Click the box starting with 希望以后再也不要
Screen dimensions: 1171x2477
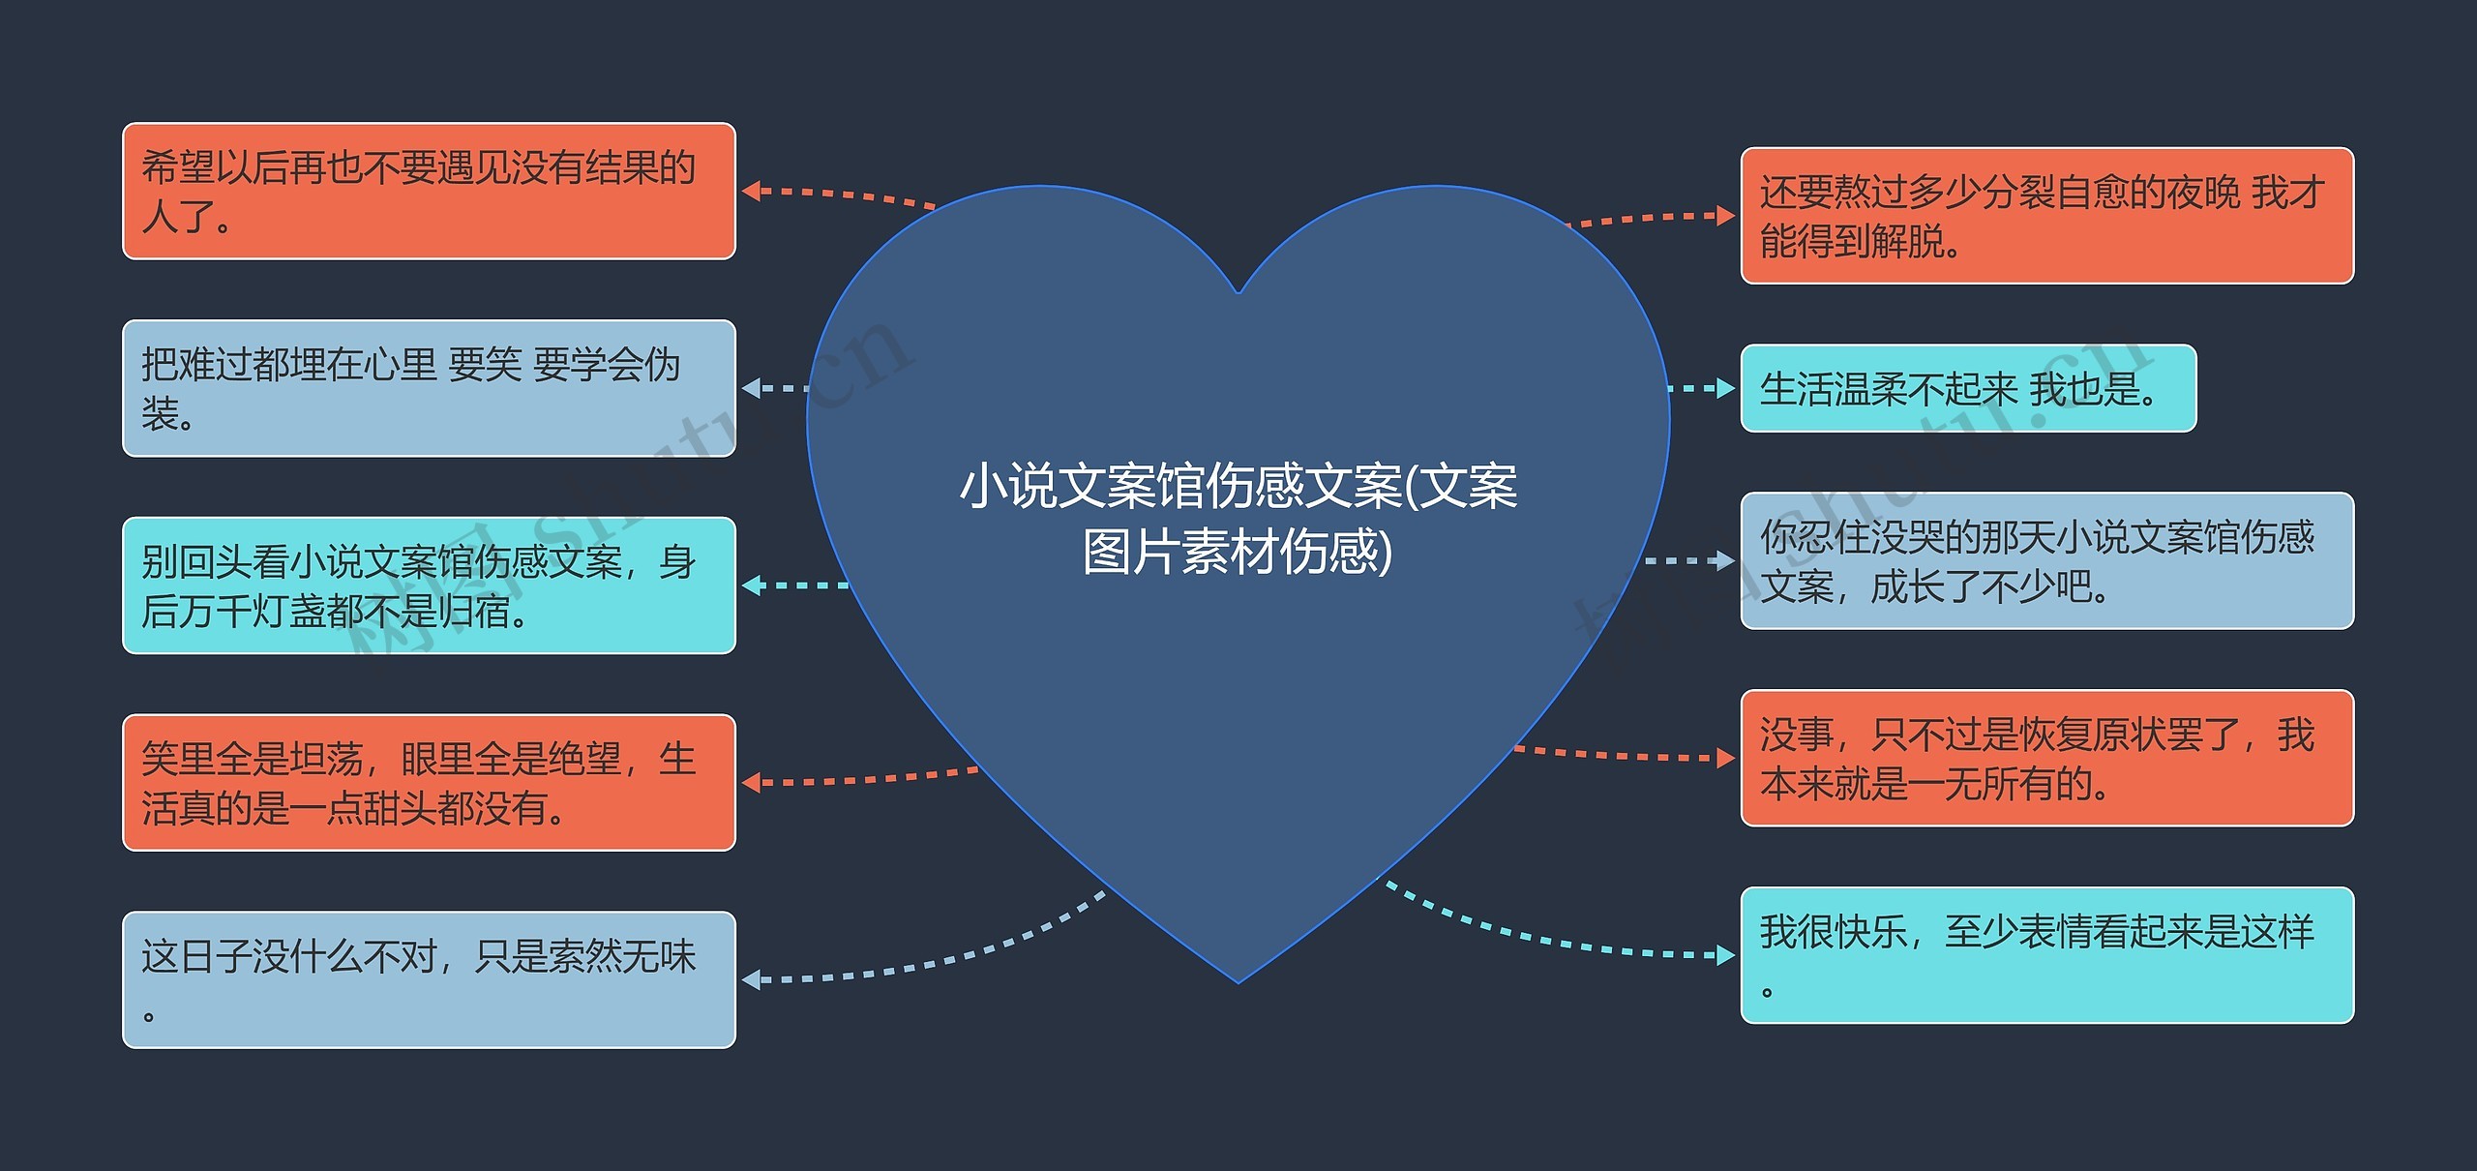click(429, 191)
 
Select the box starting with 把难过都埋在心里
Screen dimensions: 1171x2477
click(429, 388)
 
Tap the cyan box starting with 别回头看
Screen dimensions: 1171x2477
click(429, 585)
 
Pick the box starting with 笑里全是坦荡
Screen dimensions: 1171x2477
click(429, 783)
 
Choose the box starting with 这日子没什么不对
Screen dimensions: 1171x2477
click(429, 979)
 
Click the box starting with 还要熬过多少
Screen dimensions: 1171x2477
click(2046, 216)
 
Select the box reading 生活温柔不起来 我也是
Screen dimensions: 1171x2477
click(1968, 388)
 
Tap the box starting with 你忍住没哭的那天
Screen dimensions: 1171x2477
click(2046, 560)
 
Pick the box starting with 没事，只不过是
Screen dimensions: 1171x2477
click(2046, 758)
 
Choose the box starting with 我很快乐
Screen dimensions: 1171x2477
click(2046, 955)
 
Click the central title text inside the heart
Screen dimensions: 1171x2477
click(1238, 519)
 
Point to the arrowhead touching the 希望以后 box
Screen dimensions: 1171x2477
click(751, 191)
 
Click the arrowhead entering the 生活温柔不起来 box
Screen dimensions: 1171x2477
click(1725, 388)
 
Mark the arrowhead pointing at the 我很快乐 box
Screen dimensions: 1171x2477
click(1725, 955)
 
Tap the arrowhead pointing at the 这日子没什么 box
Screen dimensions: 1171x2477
click(751, 979)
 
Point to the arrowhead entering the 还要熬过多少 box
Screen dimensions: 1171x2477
click(1725, 215)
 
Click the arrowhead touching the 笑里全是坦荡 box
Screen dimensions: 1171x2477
click(751, 782)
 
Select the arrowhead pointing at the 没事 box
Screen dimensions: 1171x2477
click(1725, 758)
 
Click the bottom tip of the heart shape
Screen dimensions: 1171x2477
click(1238, 982)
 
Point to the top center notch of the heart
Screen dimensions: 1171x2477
click(1238, 291)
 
